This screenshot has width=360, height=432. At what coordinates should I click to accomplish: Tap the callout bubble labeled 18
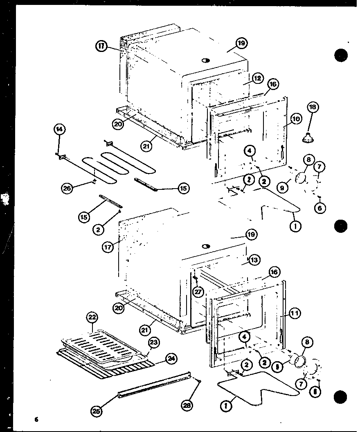click(313, 108)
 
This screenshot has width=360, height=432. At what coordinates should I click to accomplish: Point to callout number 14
click(59, 129)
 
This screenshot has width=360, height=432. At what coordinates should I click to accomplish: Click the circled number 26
click(67, 188)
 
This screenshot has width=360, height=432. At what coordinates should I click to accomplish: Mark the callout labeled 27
click(198, 292)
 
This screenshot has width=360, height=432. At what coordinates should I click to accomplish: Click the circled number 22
click(92, 318)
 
